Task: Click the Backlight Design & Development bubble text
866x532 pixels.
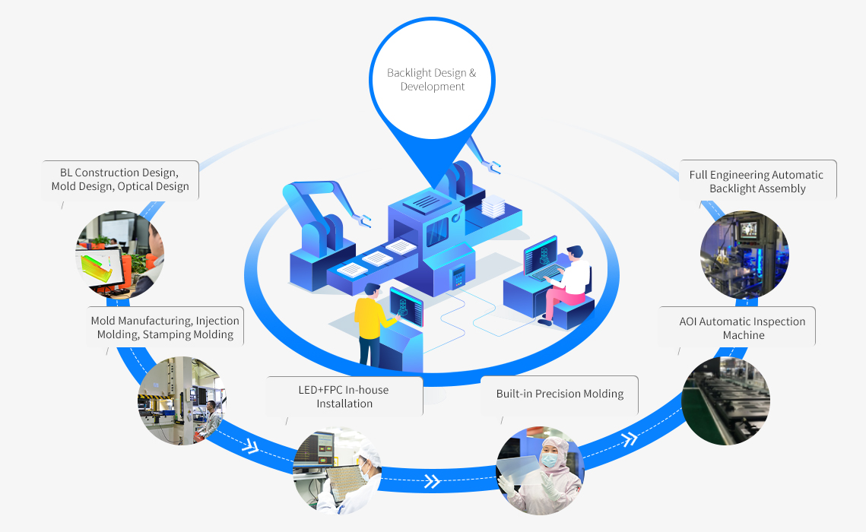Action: (x=432, y=80)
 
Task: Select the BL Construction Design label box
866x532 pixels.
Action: (x=120, y=179)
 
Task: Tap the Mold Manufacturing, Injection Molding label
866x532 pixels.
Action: (x=165, y=328)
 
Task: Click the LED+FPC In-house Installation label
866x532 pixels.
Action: (x=344, y=396)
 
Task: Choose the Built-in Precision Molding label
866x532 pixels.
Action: (x=560, y=394)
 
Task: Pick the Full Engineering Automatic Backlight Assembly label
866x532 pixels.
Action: (x=757, y=181)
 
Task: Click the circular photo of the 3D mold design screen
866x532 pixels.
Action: (x=120, y=255)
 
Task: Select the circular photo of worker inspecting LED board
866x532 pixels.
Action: (x=337, y=470)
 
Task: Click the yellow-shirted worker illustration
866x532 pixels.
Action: (x=370, y=323)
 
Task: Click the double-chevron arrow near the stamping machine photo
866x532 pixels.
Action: (x=250, y=445)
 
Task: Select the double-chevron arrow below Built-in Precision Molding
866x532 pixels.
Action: (x=629, y=439)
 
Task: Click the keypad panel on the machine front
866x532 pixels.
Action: (x=458, y=276)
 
